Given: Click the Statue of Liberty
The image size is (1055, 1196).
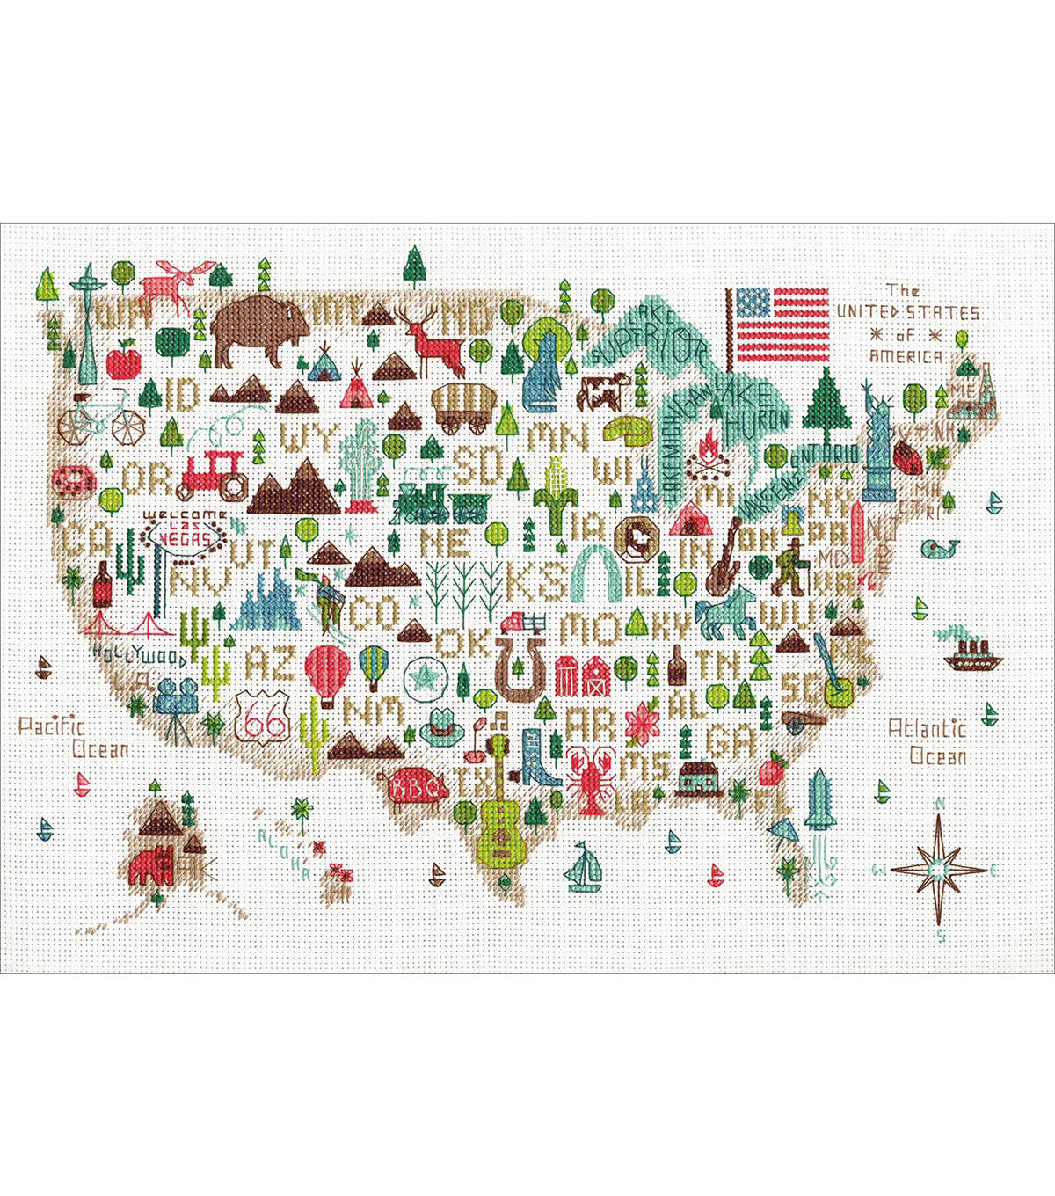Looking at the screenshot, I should [x=877, y=440].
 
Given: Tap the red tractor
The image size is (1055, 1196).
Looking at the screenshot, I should [x=214, y=475].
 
